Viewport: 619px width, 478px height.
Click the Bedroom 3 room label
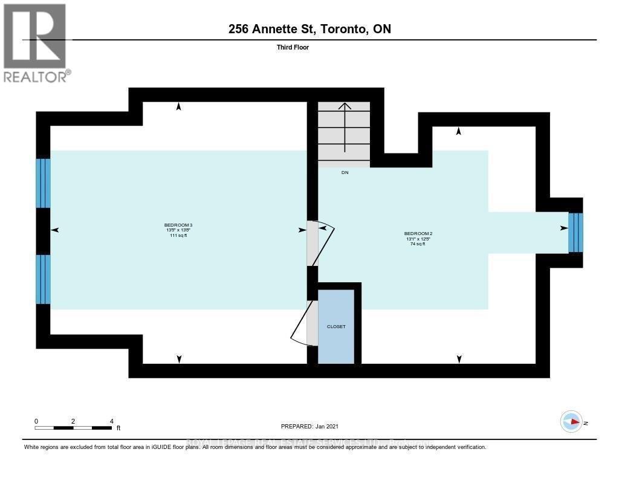coord(178,225)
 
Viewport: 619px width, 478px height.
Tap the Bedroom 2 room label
coord(418,233)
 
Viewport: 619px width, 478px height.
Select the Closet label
coord(336,326)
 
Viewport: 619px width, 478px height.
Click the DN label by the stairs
coord(345,173)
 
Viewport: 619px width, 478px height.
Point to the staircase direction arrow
coord(345,127)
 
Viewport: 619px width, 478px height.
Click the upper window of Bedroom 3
coord(43,183)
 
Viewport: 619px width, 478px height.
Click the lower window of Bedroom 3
coord(43,279)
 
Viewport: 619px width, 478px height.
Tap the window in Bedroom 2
coord(575,233)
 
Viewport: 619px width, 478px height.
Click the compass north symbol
coord(571,422)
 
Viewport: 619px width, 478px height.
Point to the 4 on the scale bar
coord(111,421)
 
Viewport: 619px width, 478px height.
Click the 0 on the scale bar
coord(36,421)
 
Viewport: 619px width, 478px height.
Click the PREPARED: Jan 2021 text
coord(314,426)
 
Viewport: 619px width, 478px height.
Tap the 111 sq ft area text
coord(178,236)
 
